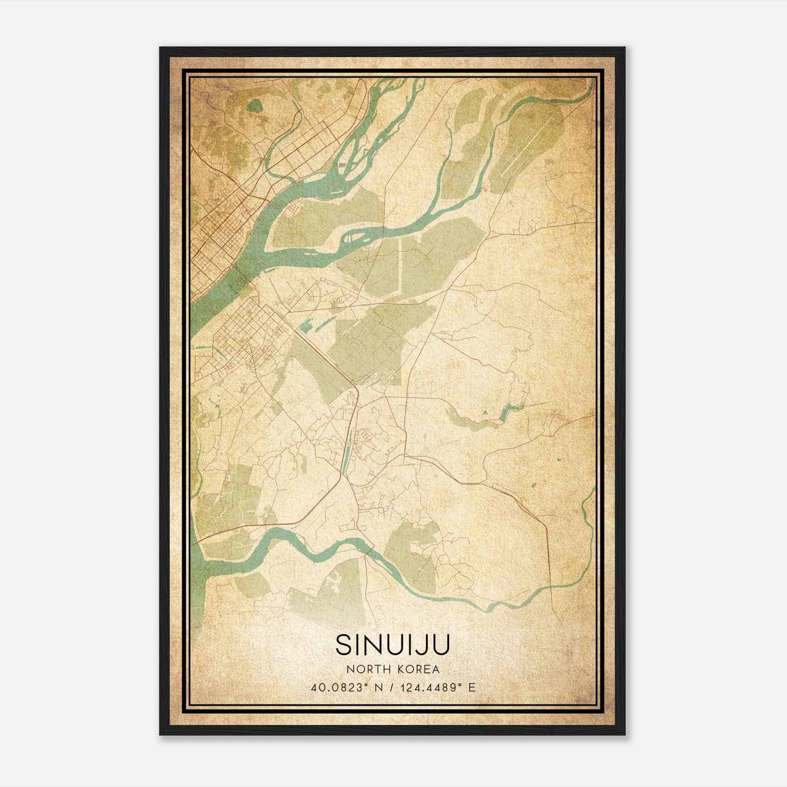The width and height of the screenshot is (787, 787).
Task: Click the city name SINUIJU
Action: point(393,644)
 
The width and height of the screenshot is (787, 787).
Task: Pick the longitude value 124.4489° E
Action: point(440,687)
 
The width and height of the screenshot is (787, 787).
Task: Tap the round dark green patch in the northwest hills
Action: point(254,105)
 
